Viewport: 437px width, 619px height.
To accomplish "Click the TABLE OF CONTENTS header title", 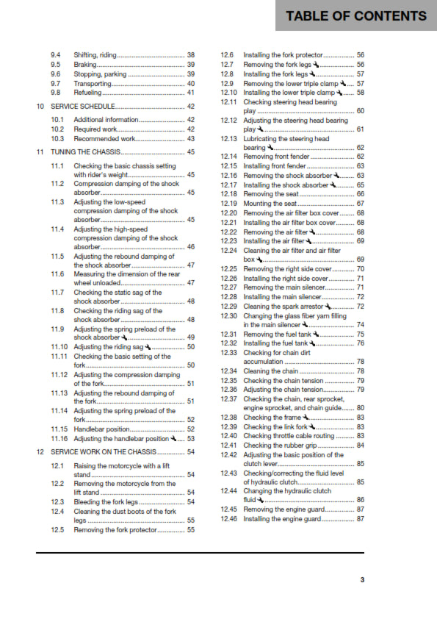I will [355, 15].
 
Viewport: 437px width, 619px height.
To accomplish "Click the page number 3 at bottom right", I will [362, 580].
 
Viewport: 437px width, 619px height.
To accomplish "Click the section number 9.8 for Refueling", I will [56, 93].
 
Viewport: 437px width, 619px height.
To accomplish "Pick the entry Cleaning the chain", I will [270, 371].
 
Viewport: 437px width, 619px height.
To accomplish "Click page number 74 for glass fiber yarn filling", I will [361, 324].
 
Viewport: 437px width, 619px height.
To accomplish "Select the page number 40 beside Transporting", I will [191, 84].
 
